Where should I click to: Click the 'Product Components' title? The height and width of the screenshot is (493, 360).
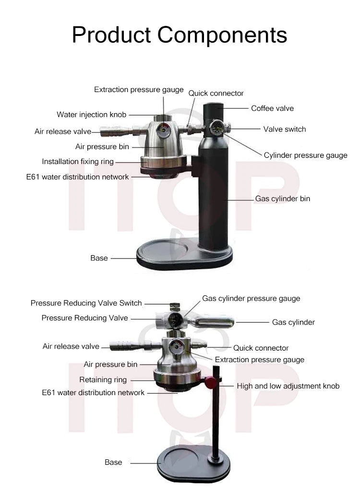tap(180, 35)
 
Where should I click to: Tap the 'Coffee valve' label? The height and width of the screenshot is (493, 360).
tap(272, 108)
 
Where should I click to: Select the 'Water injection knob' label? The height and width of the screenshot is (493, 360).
tap(91, 115)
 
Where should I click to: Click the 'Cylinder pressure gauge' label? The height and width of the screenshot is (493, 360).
tap(305, 155)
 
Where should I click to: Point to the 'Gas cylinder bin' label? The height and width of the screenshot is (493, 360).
tap(282, 199)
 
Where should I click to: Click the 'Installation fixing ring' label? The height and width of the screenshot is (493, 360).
tap(78, 162)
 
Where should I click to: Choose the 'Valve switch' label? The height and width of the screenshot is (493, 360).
tap(284, 129)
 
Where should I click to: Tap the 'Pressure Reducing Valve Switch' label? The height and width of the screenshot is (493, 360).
tap(86, 303)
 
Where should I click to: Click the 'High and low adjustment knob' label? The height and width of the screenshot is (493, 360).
tap(288, 386)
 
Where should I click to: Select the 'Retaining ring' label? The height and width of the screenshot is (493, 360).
tap(103, 380)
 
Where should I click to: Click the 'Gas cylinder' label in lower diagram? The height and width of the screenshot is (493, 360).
tap(293, 322)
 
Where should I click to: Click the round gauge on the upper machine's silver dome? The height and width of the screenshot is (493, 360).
tap(164, 129)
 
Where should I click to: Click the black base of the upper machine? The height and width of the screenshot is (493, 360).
tap(184, 257)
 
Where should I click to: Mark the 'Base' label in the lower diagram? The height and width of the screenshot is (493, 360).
tap(113, 462)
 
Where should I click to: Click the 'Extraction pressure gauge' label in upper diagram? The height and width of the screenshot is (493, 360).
tap(139, 90)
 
